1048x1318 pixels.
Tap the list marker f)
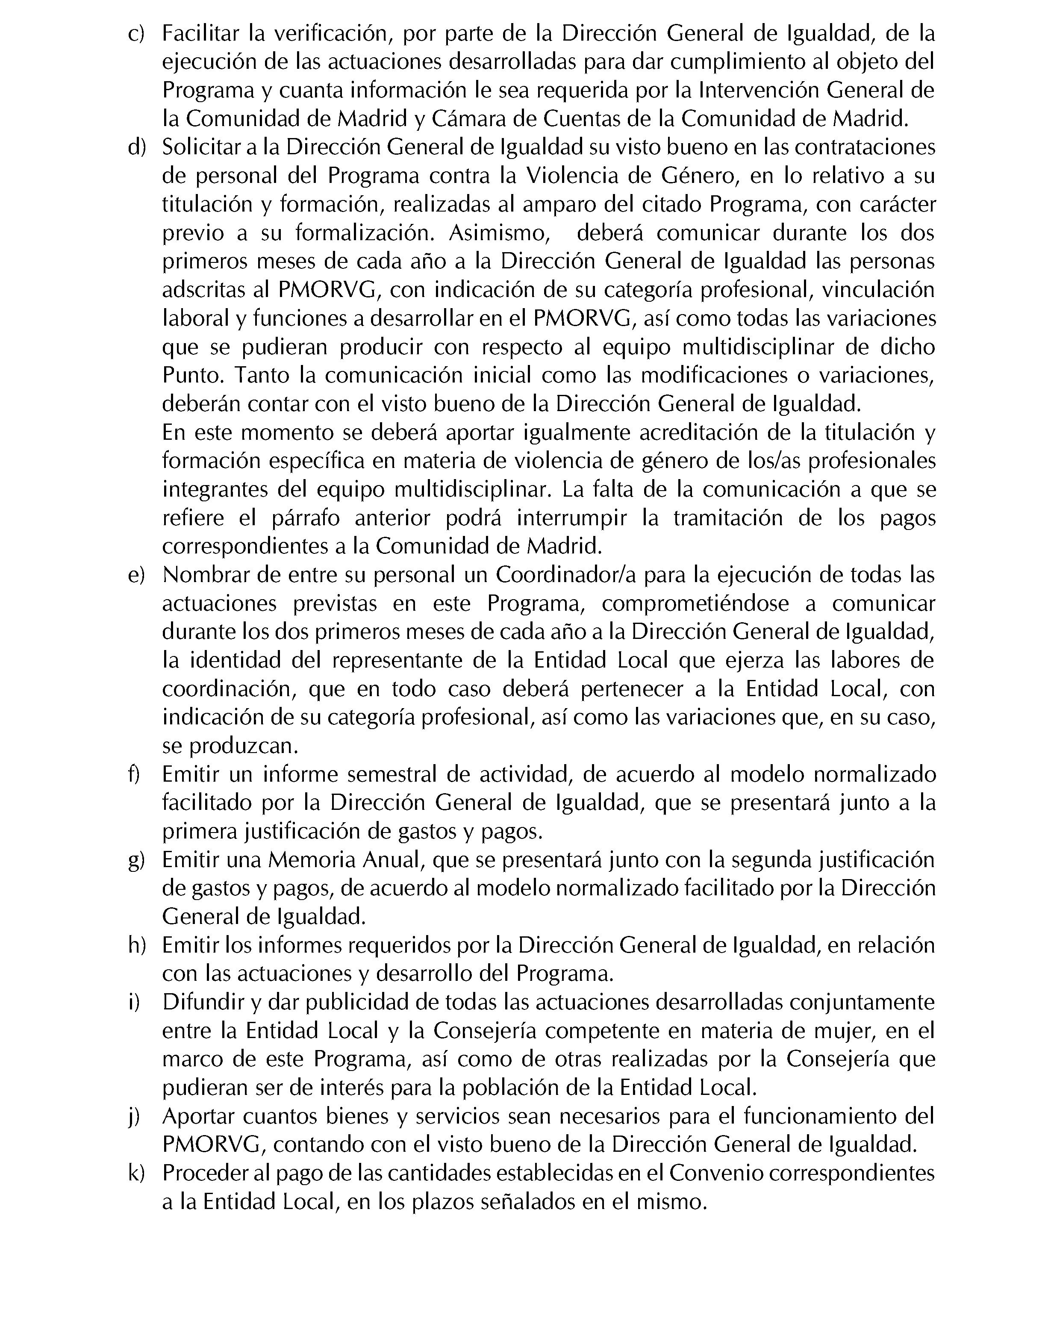[134, 774]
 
